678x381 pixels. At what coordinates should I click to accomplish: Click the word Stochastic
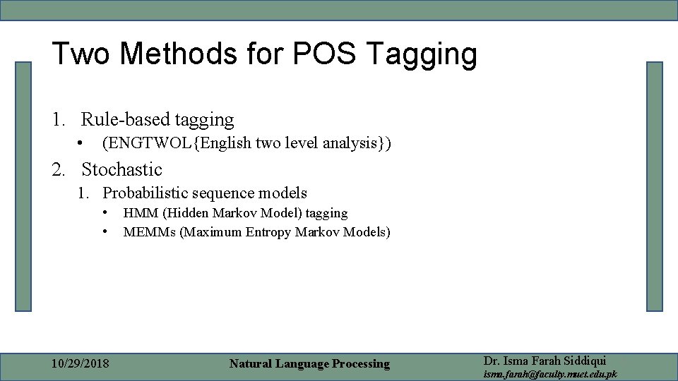121,169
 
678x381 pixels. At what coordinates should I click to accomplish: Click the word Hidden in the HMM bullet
187,212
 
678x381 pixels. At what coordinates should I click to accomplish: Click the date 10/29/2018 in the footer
81,363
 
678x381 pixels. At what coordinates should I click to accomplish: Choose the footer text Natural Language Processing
309,363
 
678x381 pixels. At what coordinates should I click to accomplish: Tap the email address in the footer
549,374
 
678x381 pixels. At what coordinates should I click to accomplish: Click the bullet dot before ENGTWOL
82,143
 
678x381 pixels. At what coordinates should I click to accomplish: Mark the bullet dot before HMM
104,212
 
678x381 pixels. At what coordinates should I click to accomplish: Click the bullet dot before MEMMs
104,231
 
